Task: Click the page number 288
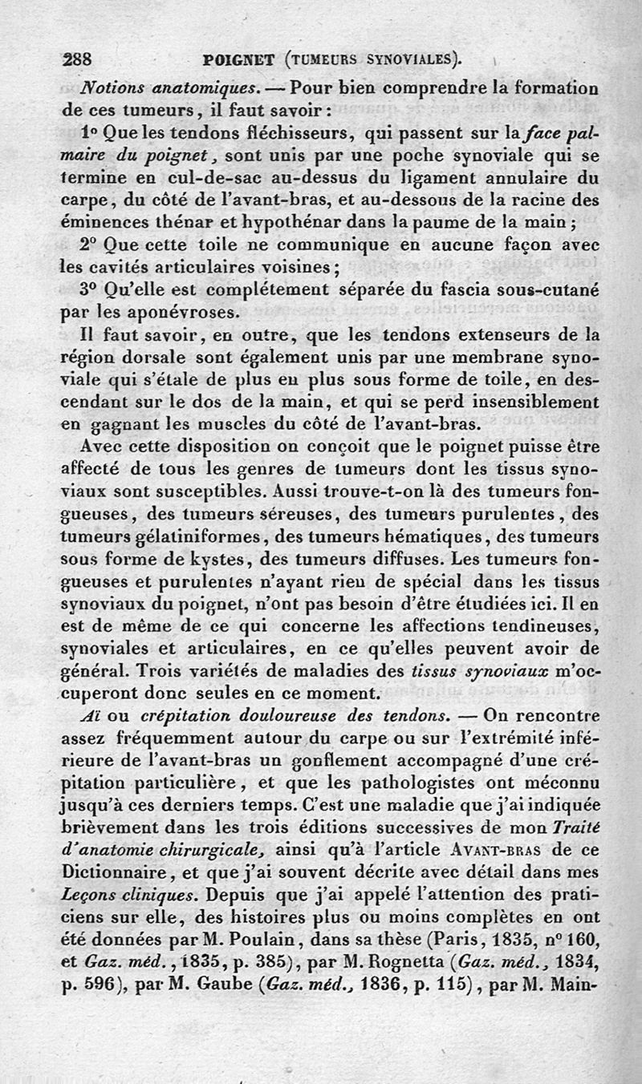78,58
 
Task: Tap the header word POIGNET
239,59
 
